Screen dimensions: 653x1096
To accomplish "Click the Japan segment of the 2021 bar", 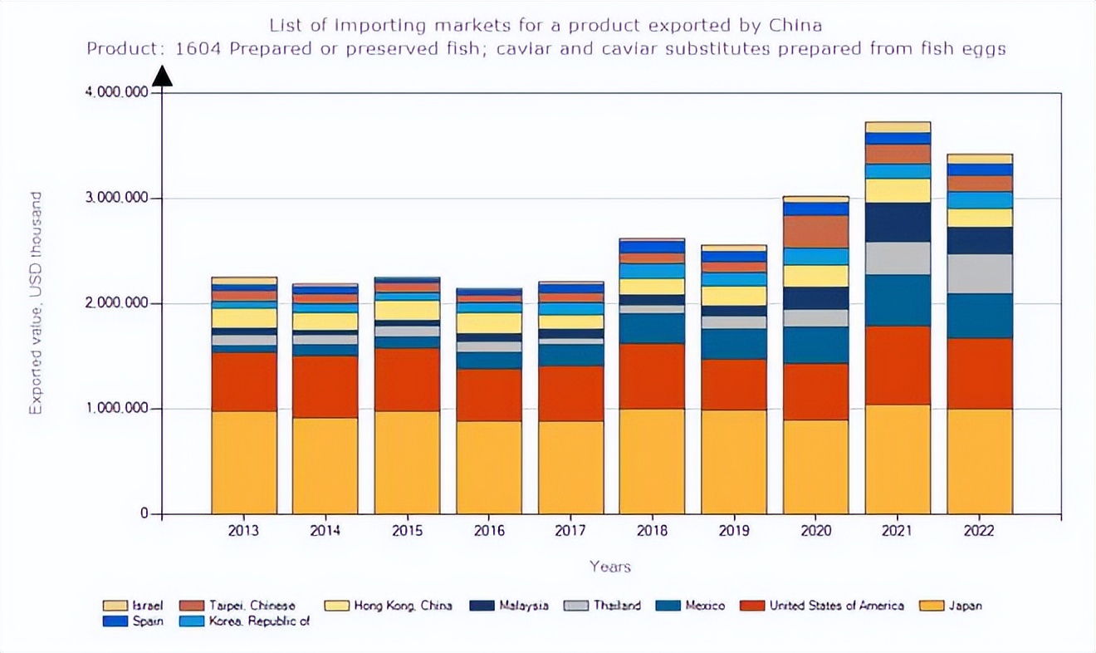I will tap(898, 459).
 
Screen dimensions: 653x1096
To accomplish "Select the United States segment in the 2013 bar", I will tap(244, 381).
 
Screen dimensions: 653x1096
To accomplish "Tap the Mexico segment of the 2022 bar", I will tap(980, 316).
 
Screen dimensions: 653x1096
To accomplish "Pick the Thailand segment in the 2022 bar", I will tap(980, 273).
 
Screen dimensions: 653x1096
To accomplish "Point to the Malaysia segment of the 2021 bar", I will tap(898, 222).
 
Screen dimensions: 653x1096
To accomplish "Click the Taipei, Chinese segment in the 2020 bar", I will tap(816, 231).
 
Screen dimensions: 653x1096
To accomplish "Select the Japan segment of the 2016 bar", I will tap(489, 467).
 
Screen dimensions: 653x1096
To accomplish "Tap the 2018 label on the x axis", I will tap(652, 531).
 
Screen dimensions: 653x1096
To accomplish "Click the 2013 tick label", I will tap(244, 531).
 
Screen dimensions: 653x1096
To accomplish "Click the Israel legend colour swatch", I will tap(114, 606).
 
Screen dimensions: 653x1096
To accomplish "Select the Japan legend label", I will tap(965, 606).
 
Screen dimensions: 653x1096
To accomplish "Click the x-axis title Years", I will tap(610, 567).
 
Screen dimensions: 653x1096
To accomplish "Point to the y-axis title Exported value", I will tap(36, 303).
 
